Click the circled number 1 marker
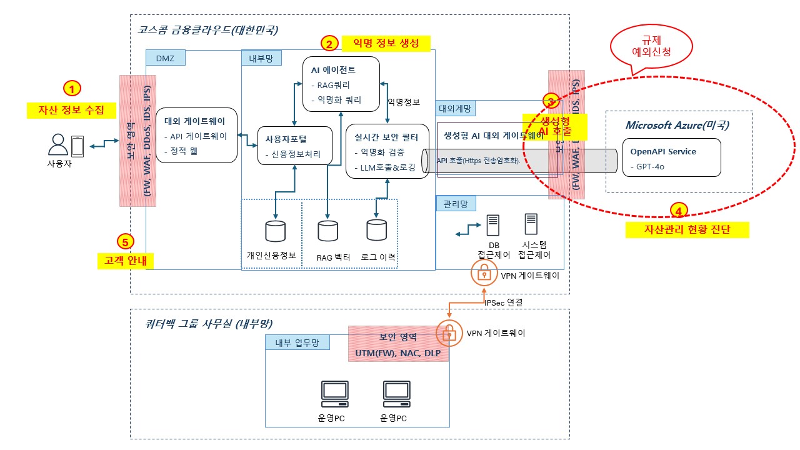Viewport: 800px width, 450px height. click(72, 88)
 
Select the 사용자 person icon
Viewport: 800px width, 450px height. click(57, 146)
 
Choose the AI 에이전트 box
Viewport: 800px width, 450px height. click(341, 84)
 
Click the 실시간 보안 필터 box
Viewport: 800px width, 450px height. click(387, 151)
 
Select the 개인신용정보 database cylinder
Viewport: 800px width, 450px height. click(275, 231)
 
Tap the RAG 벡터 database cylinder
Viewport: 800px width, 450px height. click(327, 231)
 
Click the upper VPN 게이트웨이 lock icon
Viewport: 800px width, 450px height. click(484, 272)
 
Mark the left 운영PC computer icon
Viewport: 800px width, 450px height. click(334, 393)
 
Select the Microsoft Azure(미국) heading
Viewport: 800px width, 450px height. click(677, 125)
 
